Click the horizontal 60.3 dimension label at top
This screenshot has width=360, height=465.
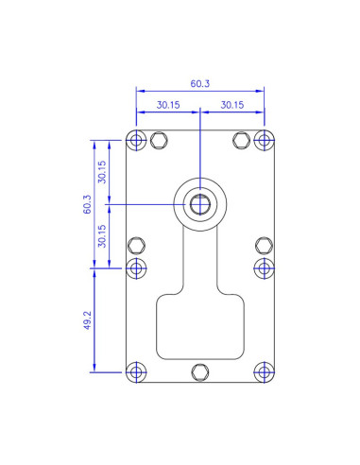point(199,83)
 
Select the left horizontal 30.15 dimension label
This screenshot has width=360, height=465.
point(168,105)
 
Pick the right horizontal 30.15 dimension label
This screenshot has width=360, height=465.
point(232,105)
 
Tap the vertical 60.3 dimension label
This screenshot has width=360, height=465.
point(87,204)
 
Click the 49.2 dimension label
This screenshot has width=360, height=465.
point(87,320)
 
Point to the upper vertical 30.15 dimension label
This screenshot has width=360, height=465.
point(102,172)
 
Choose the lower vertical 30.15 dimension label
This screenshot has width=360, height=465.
point(102,236)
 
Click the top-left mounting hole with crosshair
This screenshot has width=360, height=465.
point(136,140)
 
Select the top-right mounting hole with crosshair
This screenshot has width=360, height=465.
point(264,140)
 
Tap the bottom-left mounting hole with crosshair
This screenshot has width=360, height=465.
point(136,372)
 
